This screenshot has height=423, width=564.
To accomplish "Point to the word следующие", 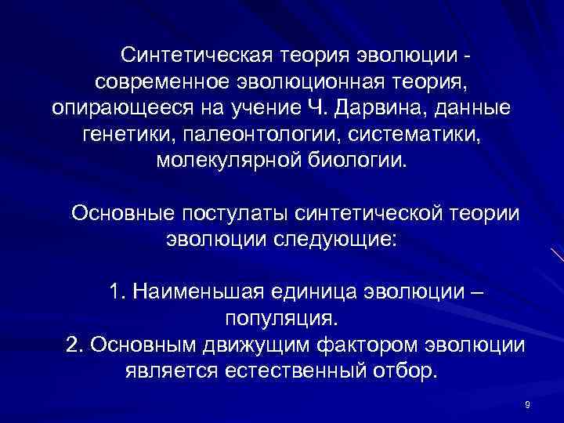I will pyautogui.click(x=339, y=238).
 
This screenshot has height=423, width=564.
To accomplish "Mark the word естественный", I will pyautogui.click(x=277, y=370).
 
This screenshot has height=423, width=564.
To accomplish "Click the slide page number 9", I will pyautogui.click(x=527, y=404).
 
